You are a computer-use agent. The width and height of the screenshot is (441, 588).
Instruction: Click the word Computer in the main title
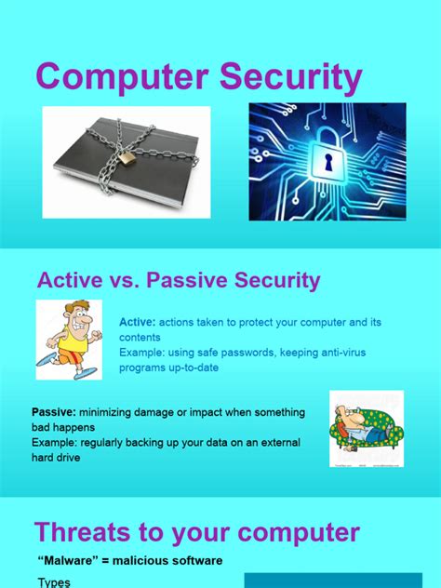(122, 78)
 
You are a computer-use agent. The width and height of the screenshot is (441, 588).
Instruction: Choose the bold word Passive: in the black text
(54, 412)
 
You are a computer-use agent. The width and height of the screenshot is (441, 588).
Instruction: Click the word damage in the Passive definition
(157, 412)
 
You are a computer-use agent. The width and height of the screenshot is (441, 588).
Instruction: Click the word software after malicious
(193, 560)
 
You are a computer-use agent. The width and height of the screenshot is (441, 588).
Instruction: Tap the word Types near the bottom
(54, 582)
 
